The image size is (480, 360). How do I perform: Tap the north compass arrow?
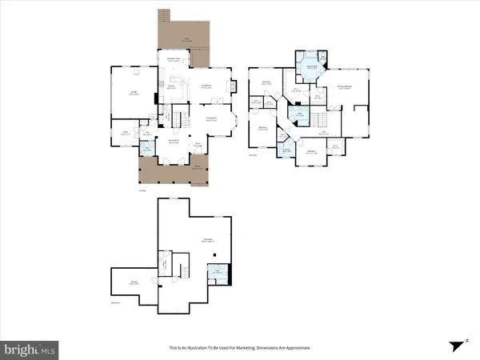[457, 346]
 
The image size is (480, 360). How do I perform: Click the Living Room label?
[206, 87]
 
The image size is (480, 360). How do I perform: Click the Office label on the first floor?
[126, 133]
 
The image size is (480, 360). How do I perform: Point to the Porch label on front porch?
[197, 169]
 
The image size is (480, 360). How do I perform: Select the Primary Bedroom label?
[346, 89]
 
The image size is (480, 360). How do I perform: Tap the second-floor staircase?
[321, 119]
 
